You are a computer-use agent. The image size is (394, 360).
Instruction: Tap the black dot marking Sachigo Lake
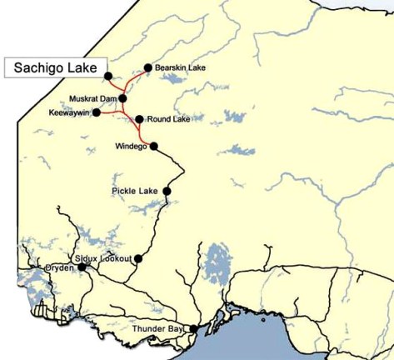tap(108, 76)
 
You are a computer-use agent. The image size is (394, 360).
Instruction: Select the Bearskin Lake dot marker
tap(147, 67)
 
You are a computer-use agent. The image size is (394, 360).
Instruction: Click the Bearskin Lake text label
tap(180, 67)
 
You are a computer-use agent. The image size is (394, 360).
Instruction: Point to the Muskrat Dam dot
tap(122, 98)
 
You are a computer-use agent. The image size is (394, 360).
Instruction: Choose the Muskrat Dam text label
tap(92, 98)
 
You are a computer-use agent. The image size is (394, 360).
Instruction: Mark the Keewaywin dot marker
tap(97, 112)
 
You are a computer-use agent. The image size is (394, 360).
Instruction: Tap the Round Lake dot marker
tap(139, 119)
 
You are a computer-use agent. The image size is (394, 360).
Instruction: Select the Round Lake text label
tap(169, 119)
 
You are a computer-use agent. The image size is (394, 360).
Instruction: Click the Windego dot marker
tap(153, 147)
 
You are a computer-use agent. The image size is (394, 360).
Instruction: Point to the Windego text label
tap(131, 147)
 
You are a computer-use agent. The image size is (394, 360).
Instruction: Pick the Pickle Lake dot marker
tap(167, 191)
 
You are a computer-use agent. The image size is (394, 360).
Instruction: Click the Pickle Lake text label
tap(135, 192)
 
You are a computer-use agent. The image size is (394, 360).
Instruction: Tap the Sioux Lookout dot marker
tap(138, 258)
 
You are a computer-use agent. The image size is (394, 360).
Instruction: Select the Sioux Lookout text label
tap(103, 258)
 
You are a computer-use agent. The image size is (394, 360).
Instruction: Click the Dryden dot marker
tap(82, 267)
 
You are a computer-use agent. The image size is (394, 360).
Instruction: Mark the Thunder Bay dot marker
tap(194, 329)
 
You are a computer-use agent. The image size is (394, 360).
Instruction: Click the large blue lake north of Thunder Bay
tap(218, 262)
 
